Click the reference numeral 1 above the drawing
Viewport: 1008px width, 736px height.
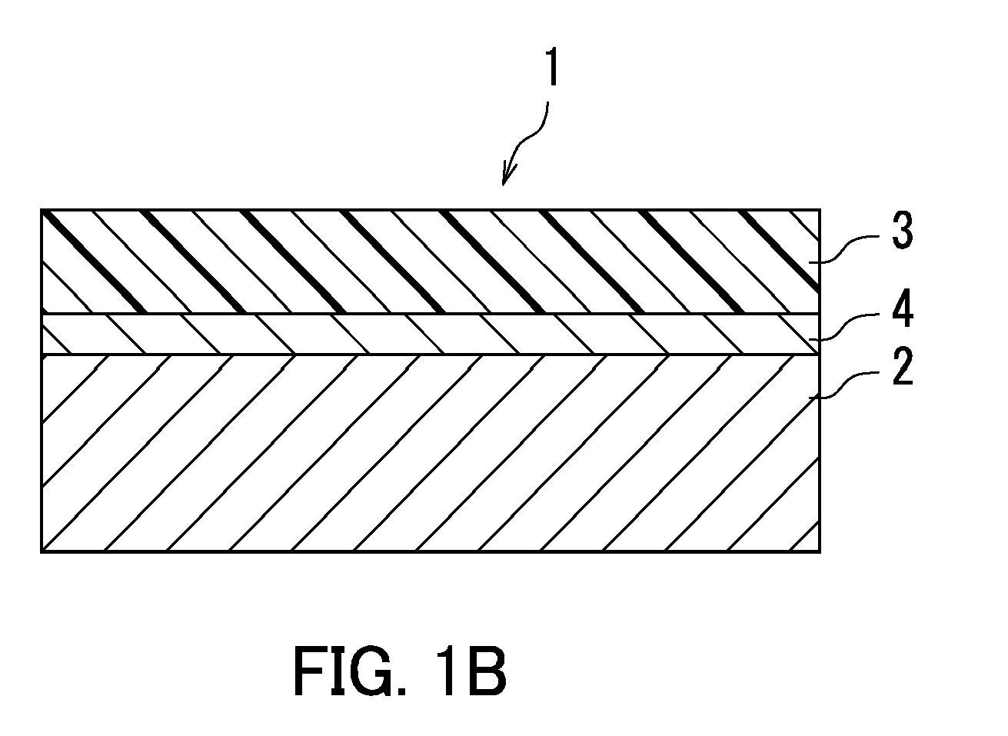pyautogui.click(x=553, y=67)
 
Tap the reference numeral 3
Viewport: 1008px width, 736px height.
pyautogui.click(x=902, y=231)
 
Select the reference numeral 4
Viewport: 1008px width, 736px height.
pyautogui.click(x=902, y=308)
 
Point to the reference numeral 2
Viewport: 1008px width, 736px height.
pyautogui.click(x=902, y=366)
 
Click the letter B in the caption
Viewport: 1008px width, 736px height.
pyautogui.click(x=486, y=671)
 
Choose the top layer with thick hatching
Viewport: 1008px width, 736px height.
pyautogui.click(x=431, y=261)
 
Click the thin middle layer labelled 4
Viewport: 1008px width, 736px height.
pyautogui.click(x=431, y=334)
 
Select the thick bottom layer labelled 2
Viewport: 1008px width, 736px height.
pyautogui.click(x=431, y=453)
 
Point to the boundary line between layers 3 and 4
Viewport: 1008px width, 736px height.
pyautogui.click(x=431, y=313)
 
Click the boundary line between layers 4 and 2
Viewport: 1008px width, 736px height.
pyautogui.click(x=431, y=355)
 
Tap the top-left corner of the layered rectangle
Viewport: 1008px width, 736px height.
pyautogui.click(x=42, y=210)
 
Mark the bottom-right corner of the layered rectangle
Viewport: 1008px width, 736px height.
pyautogui.click(x=820, y=551)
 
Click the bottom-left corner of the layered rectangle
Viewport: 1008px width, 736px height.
pyautogui.click(x=42, y=551)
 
